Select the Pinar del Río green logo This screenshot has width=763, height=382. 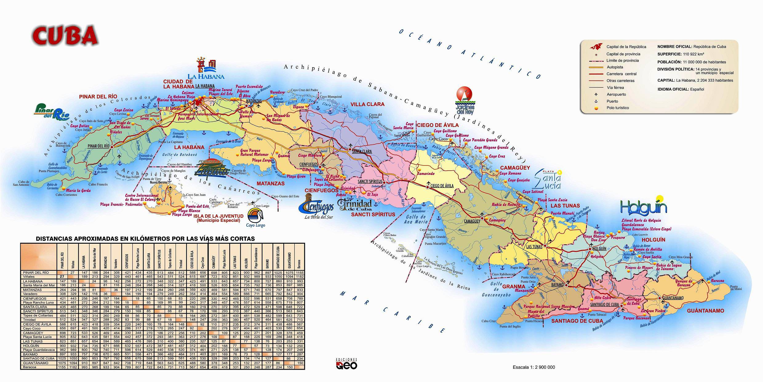[51, 113]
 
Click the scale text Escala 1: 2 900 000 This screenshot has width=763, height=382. [534, 367]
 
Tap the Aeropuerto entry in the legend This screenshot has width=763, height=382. [616, 95]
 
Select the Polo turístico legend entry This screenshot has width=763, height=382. [617, 108]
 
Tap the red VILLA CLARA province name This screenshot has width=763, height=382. [368, 104]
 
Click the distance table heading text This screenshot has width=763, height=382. [145, 238]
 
